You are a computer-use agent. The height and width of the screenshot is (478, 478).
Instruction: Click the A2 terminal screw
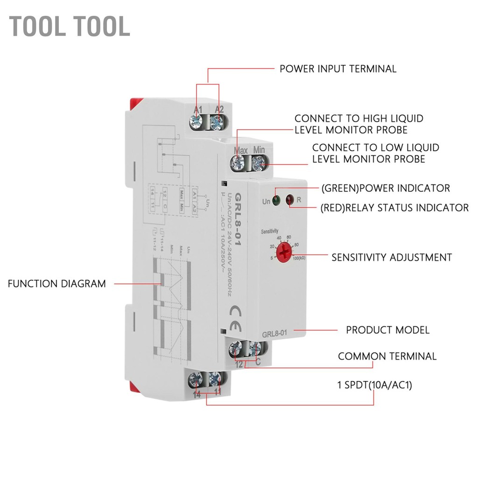pos(216,123)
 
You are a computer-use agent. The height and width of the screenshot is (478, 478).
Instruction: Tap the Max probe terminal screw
pos(239,163)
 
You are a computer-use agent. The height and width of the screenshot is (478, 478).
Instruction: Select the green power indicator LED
pos(276,201)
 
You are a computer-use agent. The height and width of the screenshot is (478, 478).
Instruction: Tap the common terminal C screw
pos(254,348)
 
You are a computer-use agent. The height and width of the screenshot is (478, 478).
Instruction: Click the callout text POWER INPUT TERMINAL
pos(337,69)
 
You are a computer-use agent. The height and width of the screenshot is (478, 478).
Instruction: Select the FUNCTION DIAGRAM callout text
pos(56,283)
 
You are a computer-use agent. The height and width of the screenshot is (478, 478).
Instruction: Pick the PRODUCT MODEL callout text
pos(387,330)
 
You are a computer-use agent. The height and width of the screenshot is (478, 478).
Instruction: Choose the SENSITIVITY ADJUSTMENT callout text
pos(391,257)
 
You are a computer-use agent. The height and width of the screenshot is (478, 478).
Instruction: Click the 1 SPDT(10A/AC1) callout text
pos(374,385)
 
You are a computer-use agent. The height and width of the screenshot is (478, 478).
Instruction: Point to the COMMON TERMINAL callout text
pos(387,356)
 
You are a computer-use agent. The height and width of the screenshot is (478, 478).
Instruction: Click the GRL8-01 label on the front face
pos(274,333)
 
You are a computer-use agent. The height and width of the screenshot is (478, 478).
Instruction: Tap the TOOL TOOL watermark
pos(70,26)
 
